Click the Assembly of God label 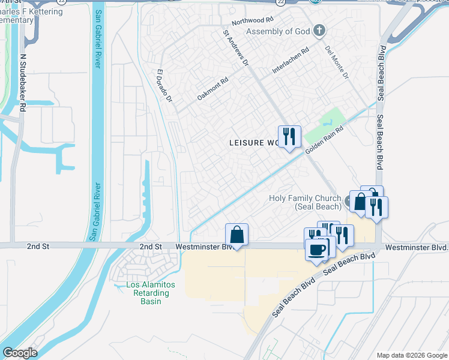coord(278,31)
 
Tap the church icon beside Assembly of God coord(319,31)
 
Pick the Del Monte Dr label coord(337,63)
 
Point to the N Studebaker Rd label coord(23,82)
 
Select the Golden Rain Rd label coord(324,140)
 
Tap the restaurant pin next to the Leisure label coord(289,137)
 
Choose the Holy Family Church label coord(305,202)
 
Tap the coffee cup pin coord(316,250)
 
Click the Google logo coord(19,353)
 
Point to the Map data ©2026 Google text coord(412,355)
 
